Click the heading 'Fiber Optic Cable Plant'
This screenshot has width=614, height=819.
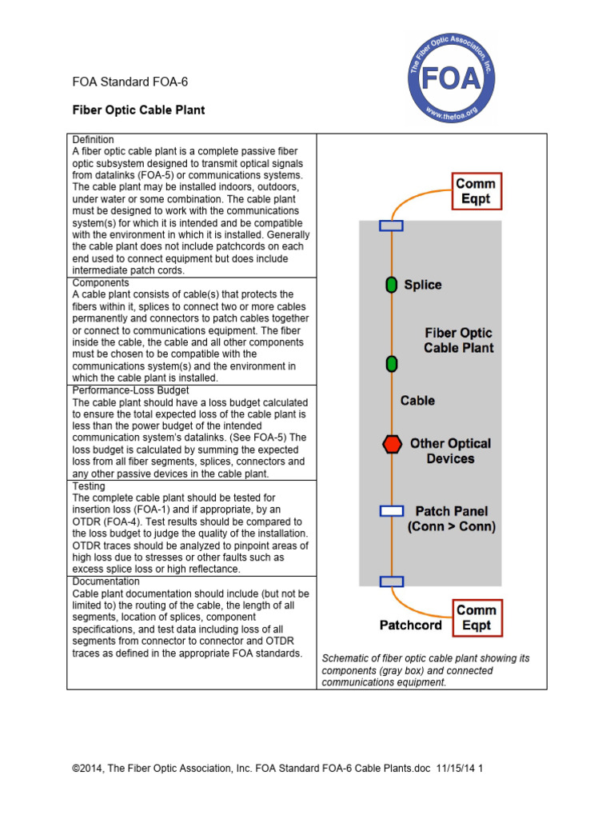[138, 110]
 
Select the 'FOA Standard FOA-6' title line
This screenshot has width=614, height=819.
[130, 82]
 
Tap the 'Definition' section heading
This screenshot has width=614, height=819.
[94, 140]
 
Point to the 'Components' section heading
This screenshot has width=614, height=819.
[101, 283]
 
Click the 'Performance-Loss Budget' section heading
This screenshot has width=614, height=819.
[131, 390]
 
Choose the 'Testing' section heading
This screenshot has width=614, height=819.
[89, 485]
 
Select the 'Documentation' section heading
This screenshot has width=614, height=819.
[106, 581]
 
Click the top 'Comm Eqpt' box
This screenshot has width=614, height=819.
[476, 192]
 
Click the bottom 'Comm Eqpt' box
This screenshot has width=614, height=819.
[476, 617]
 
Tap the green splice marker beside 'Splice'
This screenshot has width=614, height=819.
[391, 285]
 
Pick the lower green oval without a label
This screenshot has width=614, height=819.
[391, 364]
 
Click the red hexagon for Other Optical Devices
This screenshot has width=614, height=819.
[392, 445]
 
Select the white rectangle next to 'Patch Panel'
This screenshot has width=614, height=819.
[391, 511]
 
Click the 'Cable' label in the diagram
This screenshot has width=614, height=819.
[417, 400]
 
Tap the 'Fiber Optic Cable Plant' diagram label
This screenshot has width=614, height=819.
[458, 340]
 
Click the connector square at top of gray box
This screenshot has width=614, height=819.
[391, 226]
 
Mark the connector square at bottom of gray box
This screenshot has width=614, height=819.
[391, 582]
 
